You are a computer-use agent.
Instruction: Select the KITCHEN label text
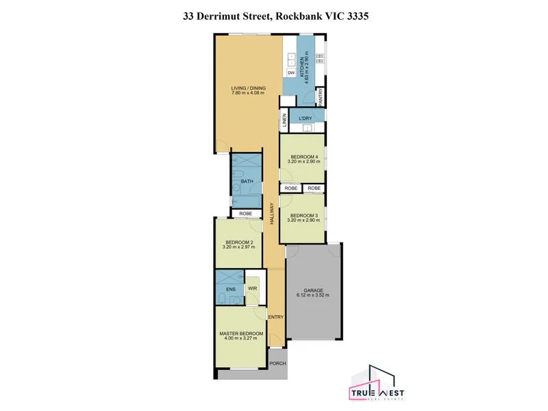click(301, 69)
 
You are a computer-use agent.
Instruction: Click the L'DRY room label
click(306, 119)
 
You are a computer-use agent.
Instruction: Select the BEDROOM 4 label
click(301, 157)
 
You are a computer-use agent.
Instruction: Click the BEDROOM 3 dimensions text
click(301, 221)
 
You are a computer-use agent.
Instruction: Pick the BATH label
click(247, 182)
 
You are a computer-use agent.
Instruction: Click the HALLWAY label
click(272, 214)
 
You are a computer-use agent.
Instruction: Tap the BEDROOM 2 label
click(238, 242)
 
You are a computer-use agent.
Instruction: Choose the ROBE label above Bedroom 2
click(245, 214)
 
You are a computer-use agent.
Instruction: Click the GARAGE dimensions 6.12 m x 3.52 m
click(313, 295)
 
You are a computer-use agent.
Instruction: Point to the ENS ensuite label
click(229, 289)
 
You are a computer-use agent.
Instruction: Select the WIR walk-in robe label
click(251, 288)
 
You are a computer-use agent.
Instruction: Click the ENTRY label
click(275, 316)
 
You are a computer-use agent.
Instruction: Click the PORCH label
click(277, 363)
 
